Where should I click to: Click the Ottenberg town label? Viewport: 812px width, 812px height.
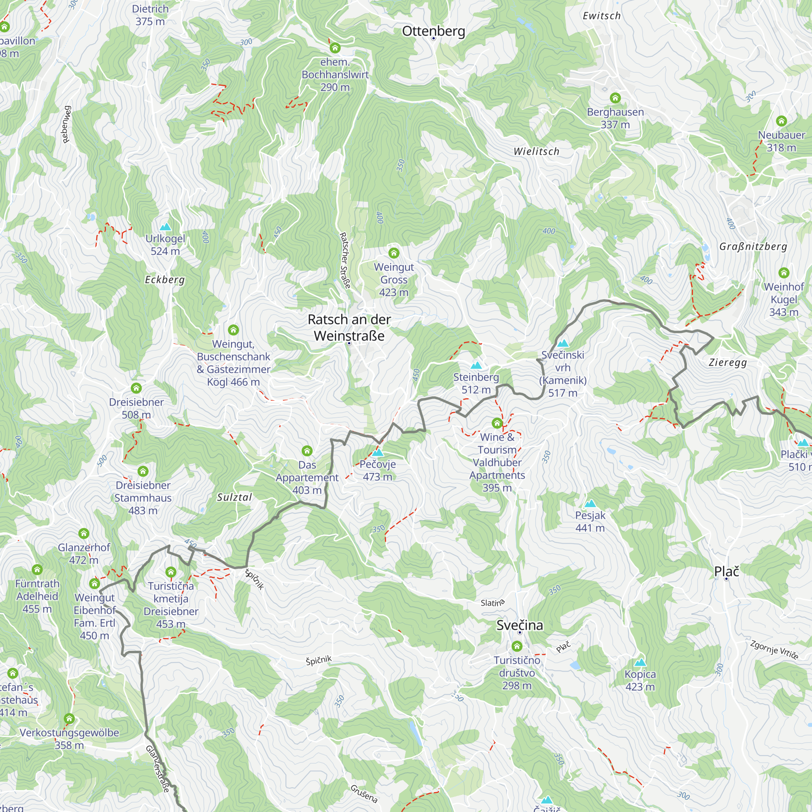click(433, 31)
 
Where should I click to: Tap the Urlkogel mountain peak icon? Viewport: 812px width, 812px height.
click(166, 227)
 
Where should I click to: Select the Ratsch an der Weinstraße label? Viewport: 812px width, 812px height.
click(349, 328)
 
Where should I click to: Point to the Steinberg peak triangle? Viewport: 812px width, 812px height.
click(476, 365)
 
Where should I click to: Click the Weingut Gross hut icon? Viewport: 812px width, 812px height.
click(394, 253)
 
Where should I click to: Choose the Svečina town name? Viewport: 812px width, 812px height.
click(520, 625)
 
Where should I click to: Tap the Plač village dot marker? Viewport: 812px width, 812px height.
click(726, 579)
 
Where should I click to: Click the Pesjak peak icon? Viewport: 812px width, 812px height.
click(590, 503)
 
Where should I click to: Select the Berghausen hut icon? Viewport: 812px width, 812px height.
click(615, 98)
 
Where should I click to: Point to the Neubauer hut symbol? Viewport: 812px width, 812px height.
click(781, 121)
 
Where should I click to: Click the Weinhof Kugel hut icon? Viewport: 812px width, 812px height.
click(784, 273)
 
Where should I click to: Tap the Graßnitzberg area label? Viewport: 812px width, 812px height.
click(753, 247)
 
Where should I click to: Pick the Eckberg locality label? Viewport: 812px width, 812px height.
click(165, 280)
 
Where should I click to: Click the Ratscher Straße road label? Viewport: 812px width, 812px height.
click(345, 261)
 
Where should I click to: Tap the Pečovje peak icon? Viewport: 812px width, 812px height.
click(378, 453)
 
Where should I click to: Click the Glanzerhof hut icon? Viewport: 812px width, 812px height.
click(84, 534)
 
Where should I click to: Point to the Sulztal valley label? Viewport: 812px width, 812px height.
click(235, 498)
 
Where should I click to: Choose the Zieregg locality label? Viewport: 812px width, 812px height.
click(728, 363)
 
